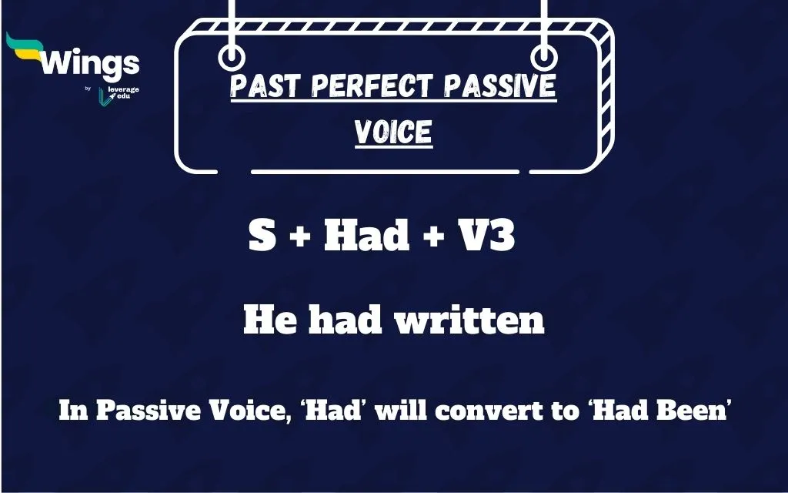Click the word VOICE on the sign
(x=393, y=132)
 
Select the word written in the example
(x=469, y=320)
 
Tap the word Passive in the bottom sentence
(x=139, y=411)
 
